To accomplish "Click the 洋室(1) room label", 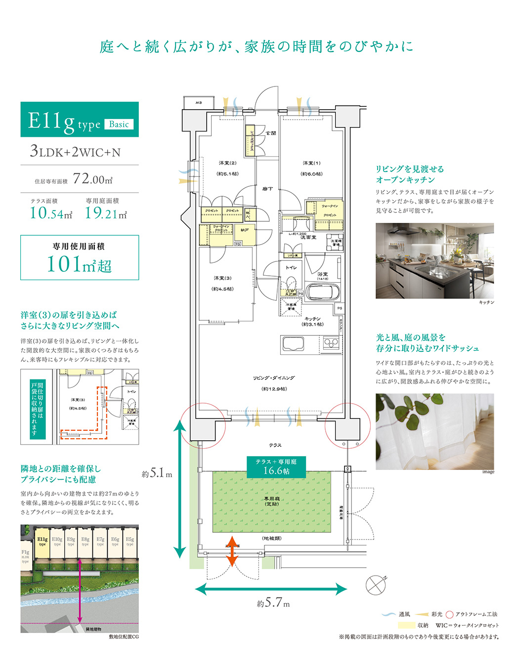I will [x=311, y=163].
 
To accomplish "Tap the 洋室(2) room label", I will [x=227, y=163].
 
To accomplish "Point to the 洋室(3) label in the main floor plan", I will [x=222, y=278].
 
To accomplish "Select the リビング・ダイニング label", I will [x=274, y=378].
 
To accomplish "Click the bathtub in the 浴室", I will [x=322, y=292].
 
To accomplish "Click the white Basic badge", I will [x=119, y=125].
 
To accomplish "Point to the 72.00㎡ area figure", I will [x=92, y=179].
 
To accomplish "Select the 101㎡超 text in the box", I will [x=79, y=264].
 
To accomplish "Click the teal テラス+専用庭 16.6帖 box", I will [x=276, y=466].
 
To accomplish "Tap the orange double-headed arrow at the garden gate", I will [x=232, y=550].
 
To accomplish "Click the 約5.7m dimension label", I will [x=273, y=603].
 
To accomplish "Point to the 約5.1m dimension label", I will [x=157, y=473].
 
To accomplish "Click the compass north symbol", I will [x=376, y=585].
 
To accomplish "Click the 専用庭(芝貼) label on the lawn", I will [x=272, y=501].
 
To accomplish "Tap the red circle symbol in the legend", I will [x=449, y=615].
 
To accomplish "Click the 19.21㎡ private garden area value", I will [x=105, y=213].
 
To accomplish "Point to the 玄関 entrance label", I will [x=271, y=133].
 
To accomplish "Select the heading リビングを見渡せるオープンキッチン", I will [x=410, y=174].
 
